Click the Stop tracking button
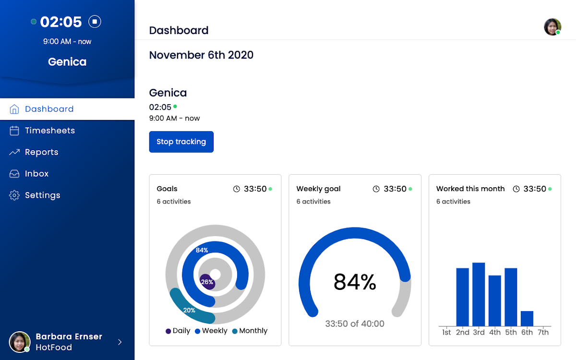coord(181,142)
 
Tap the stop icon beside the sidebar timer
coord(95,22)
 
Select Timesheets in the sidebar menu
coord(50,131)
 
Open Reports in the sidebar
coord(42,152)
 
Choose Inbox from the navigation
coord(36,174)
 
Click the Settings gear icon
coord(14,195)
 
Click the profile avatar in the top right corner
coord(552,27)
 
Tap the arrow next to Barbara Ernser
coord(120,342)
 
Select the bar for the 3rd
coord(479,294)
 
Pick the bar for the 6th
coord(527,319)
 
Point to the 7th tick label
coord(543,332)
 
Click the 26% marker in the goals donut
coord(207,282)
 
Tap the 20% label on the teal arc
coord(189,311)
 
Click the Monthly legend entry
coord(250,331)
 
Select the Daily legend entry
coord(178,331)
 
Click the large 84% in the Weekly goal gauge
coord(355,282)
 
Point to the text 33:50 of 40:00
coord(355,324)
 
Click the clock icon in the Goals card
coord(237,189)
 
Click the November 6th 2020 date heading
coord(201,55)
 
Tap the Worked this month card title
coord(470,189)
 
